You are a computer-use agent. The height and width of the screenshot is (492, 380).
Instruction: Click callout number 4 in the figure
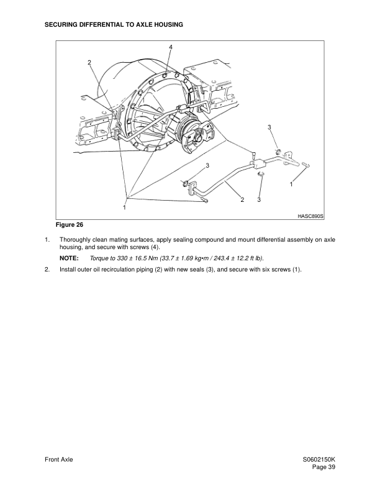[x=170, y=47]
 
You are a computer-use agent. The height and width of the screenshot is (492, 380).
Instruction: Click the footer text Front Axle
[x=59, y=459]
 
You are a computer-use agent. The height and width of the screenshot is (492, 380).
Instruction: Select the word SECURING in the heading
[x=65, y=24]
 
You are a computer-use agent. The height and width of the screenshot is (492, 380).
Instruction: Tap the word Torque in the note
[x=100, y=257]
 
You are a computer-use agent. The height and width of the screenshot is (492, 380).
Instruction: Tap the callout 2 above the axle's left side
[x=89, y=63]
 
